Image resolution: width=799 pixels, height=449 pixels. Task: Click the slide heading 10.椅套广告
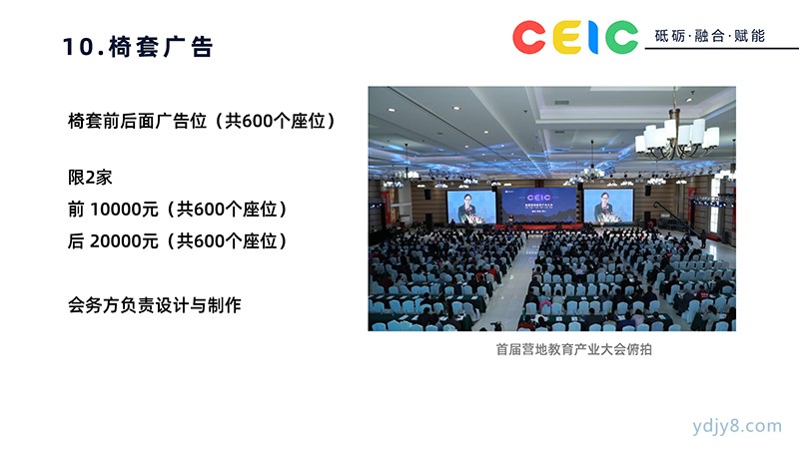coord(138,46)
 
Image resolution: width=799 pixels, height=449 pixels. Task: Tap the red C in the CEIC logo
coord(529,37)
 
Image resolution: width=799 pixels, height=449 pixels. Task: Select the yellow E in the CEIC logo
coord(567,37)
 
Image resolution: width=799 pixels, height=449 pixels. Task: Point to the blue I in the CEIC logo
coord(592,37)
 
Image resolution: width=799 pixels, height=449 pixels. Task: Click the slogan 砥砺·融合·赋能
coord(709,36)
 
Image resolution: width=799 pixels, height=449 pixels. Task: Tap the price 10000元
coord(124,210)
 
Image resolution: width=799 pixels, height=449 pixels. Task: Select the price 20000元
coord(124,240)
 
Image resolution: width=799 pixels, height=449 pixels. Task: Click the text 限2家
coord(90,178)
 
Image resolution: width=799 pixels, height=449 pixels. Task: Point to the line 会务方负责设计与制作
coord(155,305)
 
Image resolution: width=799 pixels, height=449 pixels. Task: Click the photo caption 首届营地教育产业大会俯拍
coord(573,349)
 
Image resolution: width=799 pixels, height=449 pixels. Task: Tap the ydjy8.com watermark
coord(737,426)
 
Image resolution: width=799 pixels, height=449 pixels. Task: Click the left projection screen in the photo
coord(470,207)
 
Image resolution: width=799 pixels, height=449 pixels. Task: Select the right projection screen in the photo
coord(608,206)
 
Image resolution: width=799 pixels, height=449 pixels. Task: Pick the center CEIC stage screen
coord(539,206)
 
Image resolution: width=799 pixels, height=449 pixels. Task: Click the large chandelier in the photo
coord(677,135)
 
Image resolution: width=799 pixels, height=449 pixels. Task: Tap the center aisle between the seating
coord(514,285)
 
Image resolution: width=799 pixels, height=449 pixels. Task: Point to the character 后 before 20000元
coord(76,240)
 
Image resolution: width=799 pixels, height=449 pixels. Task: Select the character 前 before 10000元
coord(76,210)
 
